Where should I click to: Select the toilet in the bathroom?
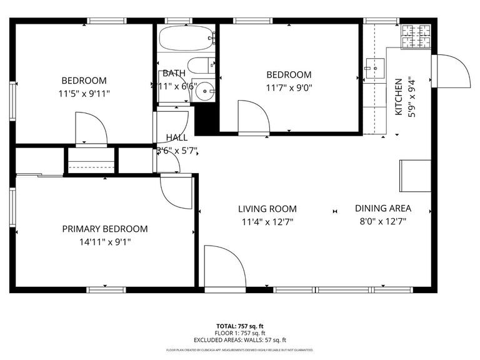point(201,66)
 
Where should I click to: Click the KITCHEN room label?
point(398,96)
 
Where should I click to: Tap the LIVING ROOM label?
point(267,209)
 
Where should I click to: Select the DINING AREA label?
point(383,209)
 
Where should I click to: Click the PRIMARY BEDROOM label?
point(105,229)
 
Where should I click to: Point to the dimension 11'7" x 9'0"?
point(289,87)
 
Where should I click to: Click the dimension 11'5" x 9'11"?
point(84,94)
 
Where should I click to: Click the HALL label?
point(176,137)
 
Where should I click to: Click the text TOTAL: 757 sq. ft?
point(240,326)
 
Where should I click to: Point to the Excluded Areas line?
point(240,340)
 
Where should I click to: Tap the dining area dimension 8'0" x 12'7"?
point(383,221)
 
